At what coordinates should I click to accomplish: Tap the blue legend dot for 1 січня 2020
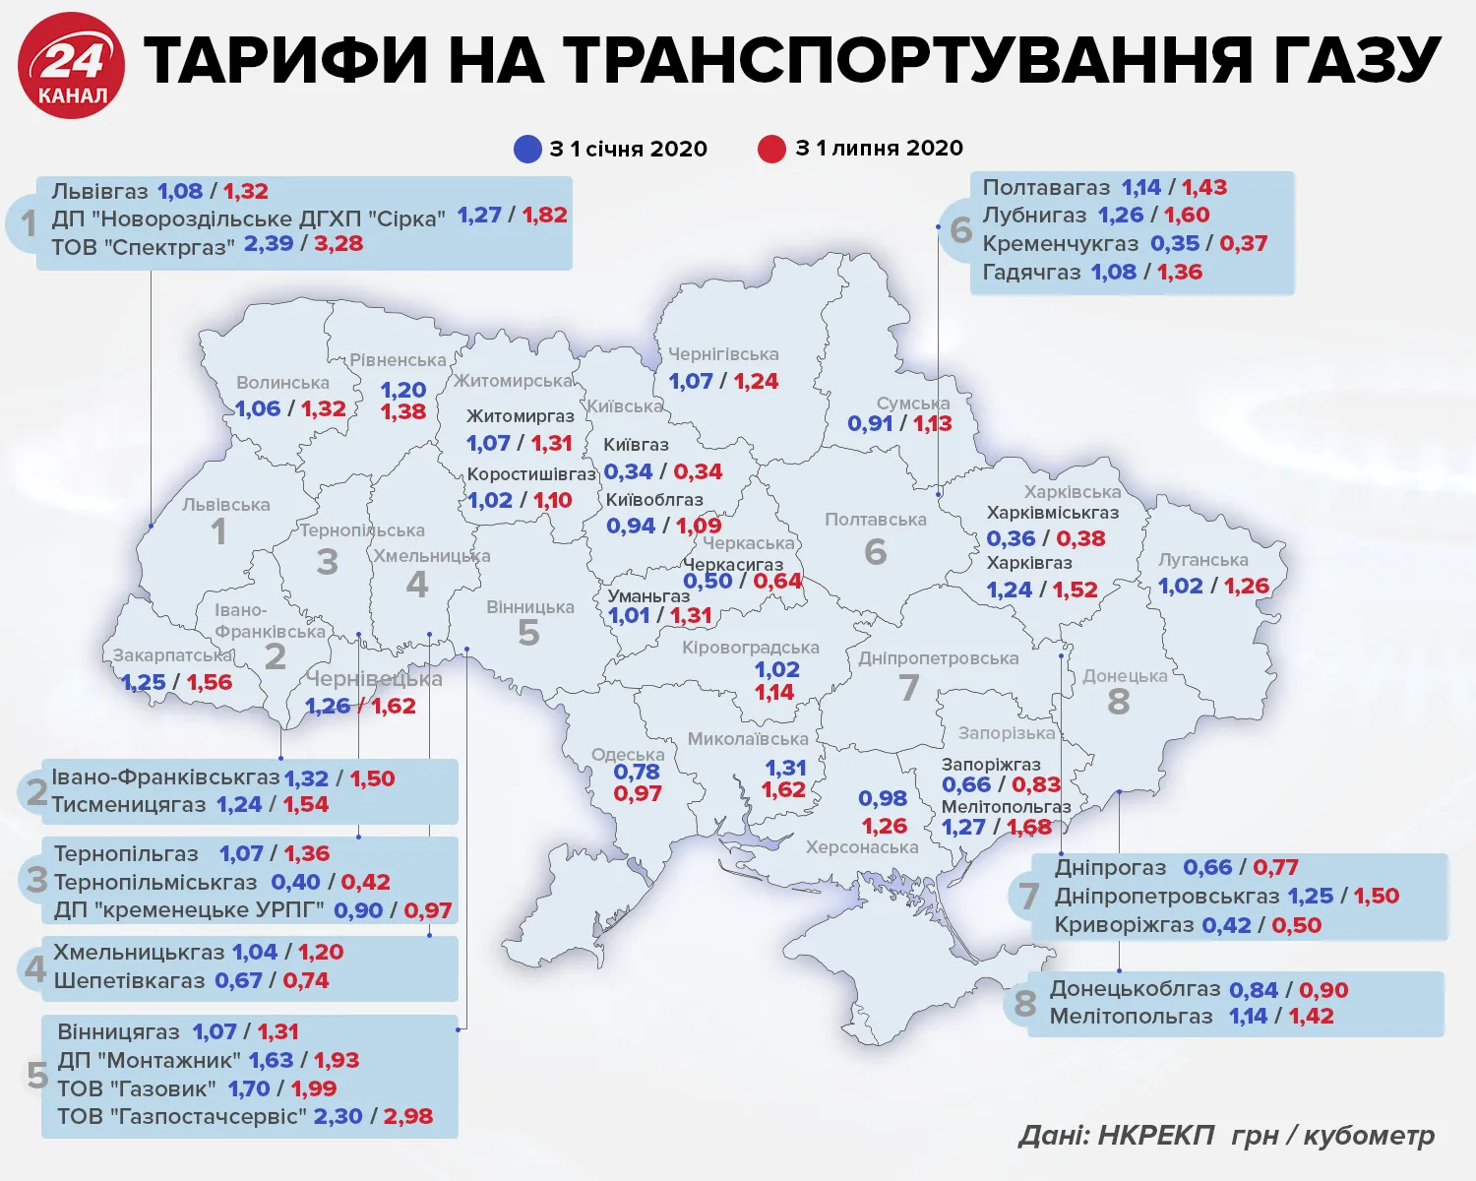527,149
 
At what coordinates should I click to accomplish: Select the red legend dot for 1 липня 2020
772,149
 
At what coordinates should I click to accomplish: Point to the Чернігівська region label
723,354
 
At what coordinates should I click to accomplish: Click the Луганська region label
1202,560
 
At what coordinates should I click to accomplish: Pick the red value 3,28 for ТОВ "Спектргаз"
338,243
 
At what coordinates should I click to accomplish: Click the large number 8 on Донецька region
1119,702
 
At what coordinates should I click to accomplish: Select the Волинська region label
282,383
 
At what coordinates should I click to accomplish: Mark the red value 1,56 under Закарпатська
210,682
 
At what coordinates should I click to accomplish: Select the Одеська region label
628,755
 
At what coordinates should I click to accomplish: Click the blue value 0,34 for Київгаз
628,471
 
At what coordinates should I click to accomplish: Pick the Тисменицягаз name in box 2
129,804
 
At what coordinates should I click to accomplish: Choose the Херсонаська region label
861,847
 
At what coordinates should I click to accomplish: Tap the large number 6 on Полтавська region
876,551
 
